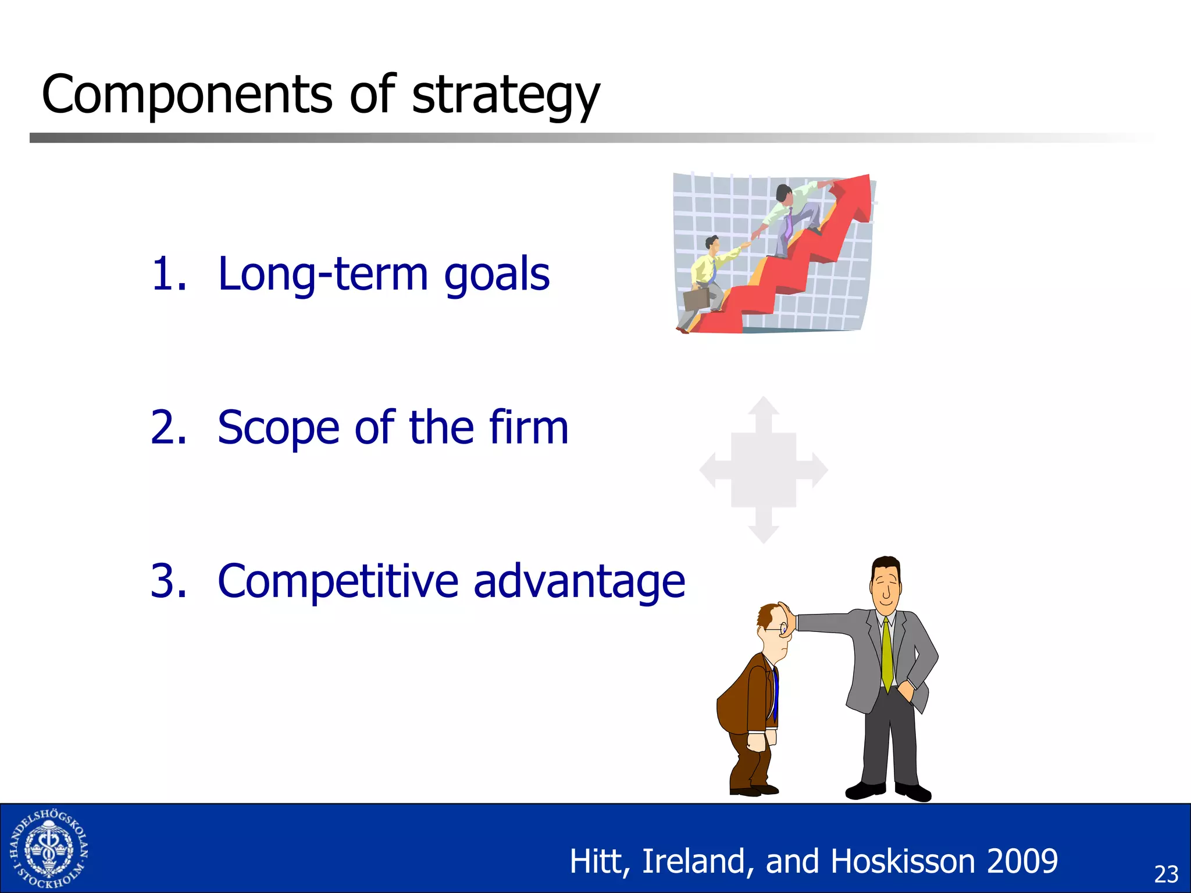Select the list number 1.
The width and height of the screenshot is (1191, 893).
pos(169,274)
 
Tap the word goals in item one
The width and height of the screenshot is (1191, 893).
pos(497,275)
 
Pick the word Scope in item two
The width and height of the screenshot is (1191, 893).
pos(278,428)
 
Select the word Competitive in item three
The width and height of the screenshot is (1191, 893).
pos(337,581)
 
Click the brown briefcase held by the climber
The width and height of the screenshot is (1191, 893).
pos(696,299)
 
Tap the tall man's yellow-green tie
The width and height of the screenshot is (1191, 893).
pos(887,654)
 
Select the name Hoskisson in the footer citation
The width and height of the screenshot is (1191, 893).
pos(903,861)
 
